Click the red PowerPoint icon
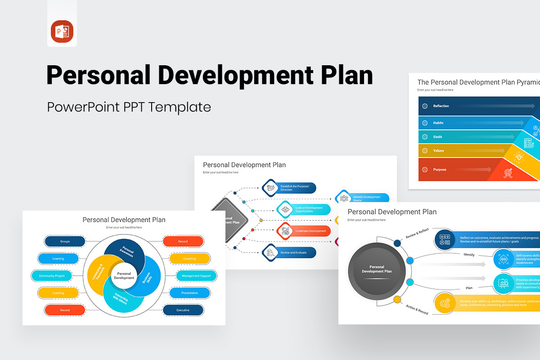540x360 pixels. [x=62, y=32]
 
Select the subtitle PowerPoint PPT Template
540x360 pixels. [x=129, y=107]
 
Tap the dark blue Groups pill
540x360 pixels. [x=65, y=242]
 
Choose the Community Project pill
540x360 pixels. [x=52, y=276]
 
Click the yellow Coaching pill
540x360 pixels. [x=189, y=259]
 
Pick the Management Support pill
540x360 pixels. [x=196, y=276]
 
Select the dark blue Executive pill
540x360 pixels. [x=183, y=310]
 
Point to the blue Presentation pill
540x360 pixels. [x=189, y=293]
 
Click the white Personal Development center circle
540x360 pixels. [x=124, y=276]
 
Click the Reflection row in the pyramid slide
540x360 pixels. [x=441, y=106]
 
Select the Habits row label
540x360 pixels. [x=438, y=123]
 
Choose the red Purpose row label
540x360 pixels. [x=440, y=170]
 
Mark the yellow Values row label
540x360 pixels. [x=438, y=151]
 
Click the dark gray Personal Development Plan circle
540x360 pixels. [x=377, y=269]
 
